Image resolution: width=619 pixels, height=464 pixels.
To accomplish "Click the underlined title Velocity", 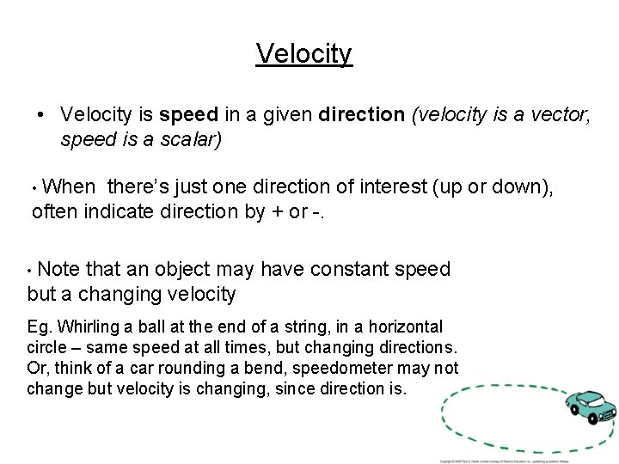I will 304,53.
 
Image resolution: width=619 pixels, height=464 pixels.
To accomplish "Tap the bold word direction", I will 361,114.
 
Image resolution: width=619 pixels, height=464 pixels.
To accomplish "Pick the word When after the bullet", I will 69,186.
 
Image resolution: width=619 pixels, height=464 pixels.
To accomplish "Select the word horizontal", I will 406,327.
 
